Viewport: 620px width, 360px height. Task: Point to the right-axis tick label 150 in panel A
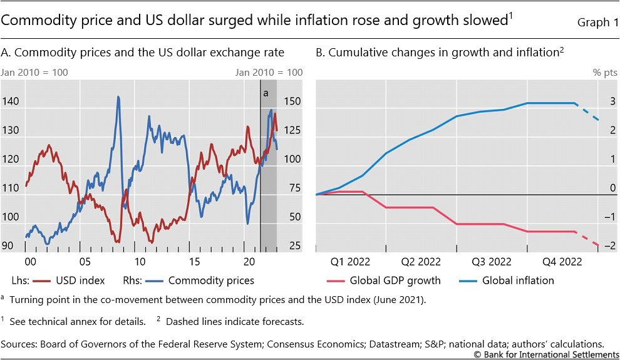(292, 101)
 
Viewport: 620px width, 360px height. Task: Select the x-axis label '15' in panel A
(194, 260)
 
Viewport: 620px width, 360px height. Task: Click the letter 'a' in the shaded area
(265, 93)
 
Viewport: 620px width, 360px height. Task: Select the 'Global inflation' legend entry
(518, 280)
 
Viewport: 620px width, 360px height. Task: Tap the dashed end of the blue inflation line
(589, 112)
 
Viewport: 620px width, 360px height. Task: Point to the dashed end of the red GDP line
(590, 239)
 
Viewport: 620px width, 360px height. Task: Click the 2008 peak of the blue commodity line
(118, 97)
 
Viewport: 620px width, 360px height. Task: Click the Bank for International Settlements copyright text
(545, 354)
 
